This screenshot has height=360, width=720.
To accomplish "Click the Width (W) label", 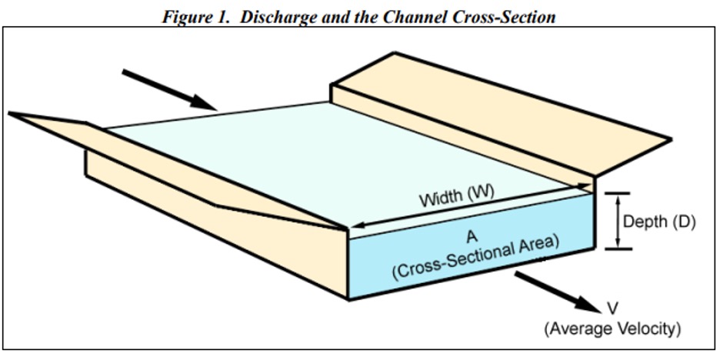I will pyautogui.click(x=452, y=197).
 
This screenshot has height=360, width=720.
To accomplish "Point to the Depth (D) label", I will pyautogui.click(x=658, y=222).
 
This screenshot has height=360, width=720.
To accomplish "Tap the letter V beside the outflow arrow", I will pyautogui.click(x=612, y=308).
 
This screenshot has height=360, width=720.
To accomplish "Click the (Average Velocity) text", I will pyautogui.click(x=612, y=329).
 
